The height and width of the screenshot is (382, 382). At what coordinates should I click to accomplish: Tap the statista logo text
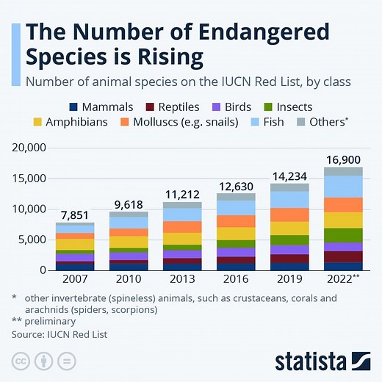click(x=311, y=361)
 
